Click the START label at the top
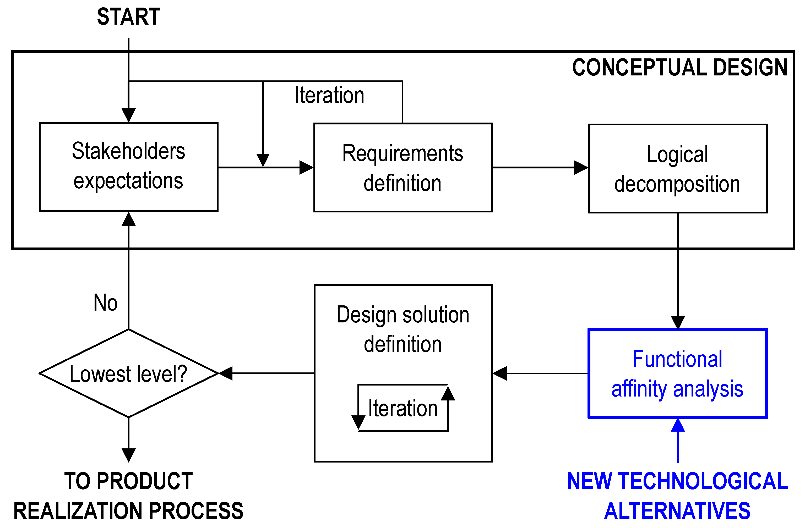pyautogui.click(x=128, y=17)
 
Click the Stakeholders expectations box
pyautogui.click(x=128, y=167)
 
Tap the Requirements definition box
pyautogui.click(x=402, y=168)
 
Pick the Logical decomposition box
pyautogui.click(x=677, y=168)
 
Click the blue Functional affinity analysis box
pyautogui.click(x=677, y=373)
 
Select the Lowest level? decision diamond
pyautogui.click(x=128, y=373)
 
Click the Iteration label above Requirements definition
pyautogui.click(x=329, y=95)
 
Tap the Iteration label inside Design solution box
pyautogui.click(x=402, y=408)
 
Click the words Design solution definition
pyautogui.click(x=402, y=329)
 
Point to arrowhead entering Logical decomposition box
pyautogui.click(x=581, y=167)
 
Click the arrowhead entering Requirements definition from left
pyautogui.click(x=306, y=167)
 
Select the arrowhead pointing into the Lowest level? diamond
pyautogui.click(x=226, y=373)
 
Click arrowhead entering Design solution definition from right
pyautogui.click(x=499, y=373)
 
